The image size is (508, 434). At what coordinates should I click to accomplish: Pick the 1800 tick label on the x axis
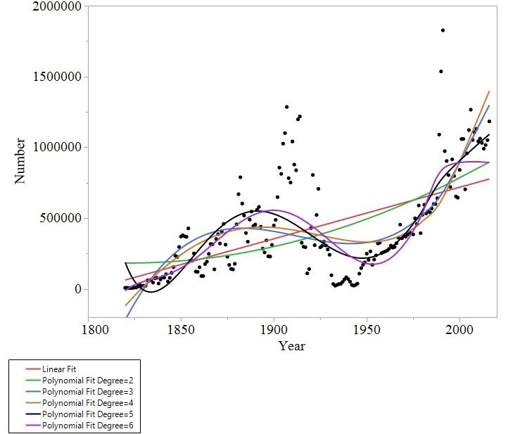click(89, 330)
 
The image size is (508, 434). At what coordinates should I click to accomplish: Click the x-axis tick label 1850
click(182, 330)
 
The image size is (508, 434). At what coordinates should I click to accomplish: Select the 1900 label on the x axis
click(274, 330)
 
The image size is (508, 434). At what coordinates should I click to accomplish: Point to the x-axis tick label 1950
click(366, 330)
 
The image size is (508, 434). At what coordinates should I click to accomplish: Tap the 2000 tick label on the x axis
click(459, 330)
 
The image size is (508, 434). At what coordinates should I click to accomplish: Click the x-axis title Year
click(291, 345)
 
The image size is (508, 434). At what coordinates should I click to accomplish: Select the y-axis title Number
click(20, 160)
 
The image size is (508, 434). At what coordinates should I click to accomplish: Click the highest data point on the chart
click(443, 30)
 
